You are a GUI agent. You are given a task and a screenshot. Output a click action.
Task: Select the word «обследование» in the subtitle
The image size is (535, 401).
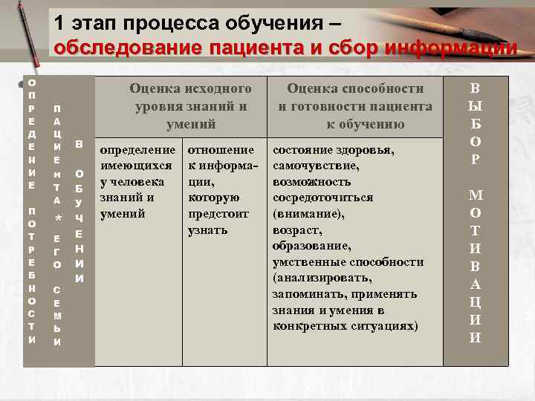pyautogui.click(x=129, y=48)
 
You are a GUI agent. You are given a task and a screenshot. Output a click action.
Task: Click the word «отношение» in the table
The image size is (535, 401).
pyautogui.click(x=221, y=149)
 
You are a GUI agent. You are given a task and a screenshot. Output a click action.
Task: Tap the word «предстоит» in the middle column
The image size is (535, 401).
pyautogui.click(x=218, y=214)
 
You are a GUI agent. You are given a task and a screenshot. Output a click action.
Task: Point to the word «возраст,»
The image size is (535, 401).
pyautogui.click(x=297, y=230)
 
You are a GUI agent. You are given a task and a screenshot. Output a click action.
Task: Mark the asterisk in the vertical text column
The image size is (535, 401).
pyautogui.click(x=57, y=219)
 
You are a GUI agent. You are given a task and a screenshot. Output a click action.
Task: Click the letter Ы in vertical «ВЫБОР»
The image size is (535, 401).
pyautogui.click(x=476, y=106)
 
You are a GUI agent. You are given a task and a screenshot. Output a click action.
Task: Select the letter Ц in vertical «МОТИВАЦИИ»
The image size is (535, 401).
pyautogui.click(x=476, y=302)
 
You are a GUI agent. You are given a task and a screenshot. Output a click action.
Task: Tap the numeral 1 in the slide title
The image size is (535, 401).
pyautogui.click(x=59, y=23)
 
